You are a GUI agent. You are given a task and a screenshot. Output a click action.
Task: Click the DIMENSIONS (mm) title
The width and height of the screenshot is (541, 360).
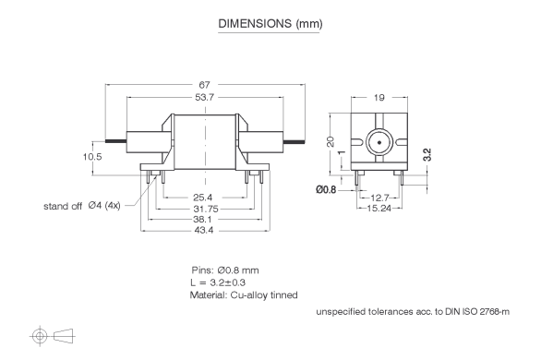pyautogui.click(x=270, y=23)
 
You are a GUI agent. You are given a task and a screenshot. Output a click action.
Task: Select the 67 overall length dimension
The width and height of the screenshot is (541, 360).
pyautogui.click(x=204, y=85)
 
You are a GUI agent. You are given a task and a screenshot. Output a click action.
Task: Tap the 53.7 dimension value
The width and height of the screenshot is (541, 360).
pyautogui.click(x=205, y=97)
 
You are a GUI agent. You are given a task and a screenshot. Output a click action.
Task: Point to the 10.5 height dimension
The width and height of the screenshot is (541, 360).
pyautogui.click(x=92, y=157)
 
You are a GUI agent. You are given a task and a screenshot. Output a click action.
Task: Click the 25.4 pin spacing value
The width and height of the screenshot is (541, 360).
pyautogui.click(x=203, y=198)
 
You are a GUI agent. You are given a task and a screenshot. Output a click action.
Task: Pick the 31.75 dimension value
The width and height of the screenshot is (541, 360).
pyautogui.click(x=206, y=209)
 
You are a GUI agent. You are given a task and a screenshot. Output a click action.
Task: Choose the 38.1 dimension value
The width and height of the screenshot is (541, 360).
pyautogui.click(x=202, y=220)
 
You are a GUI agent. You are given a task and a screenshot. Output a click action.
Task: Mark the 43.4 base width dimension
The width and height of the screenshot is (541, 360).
pyautogui.click(x=203, y=230)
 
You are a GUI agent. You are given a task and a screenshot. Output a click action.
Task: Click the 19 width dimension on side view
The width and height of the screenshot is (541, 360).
pyautogui.click(x=379, y=98)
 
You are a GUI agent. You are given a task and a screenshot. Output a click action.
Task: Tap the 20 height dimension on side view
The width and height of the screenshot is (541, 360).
pyautogui.click(x=331, y=142)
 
